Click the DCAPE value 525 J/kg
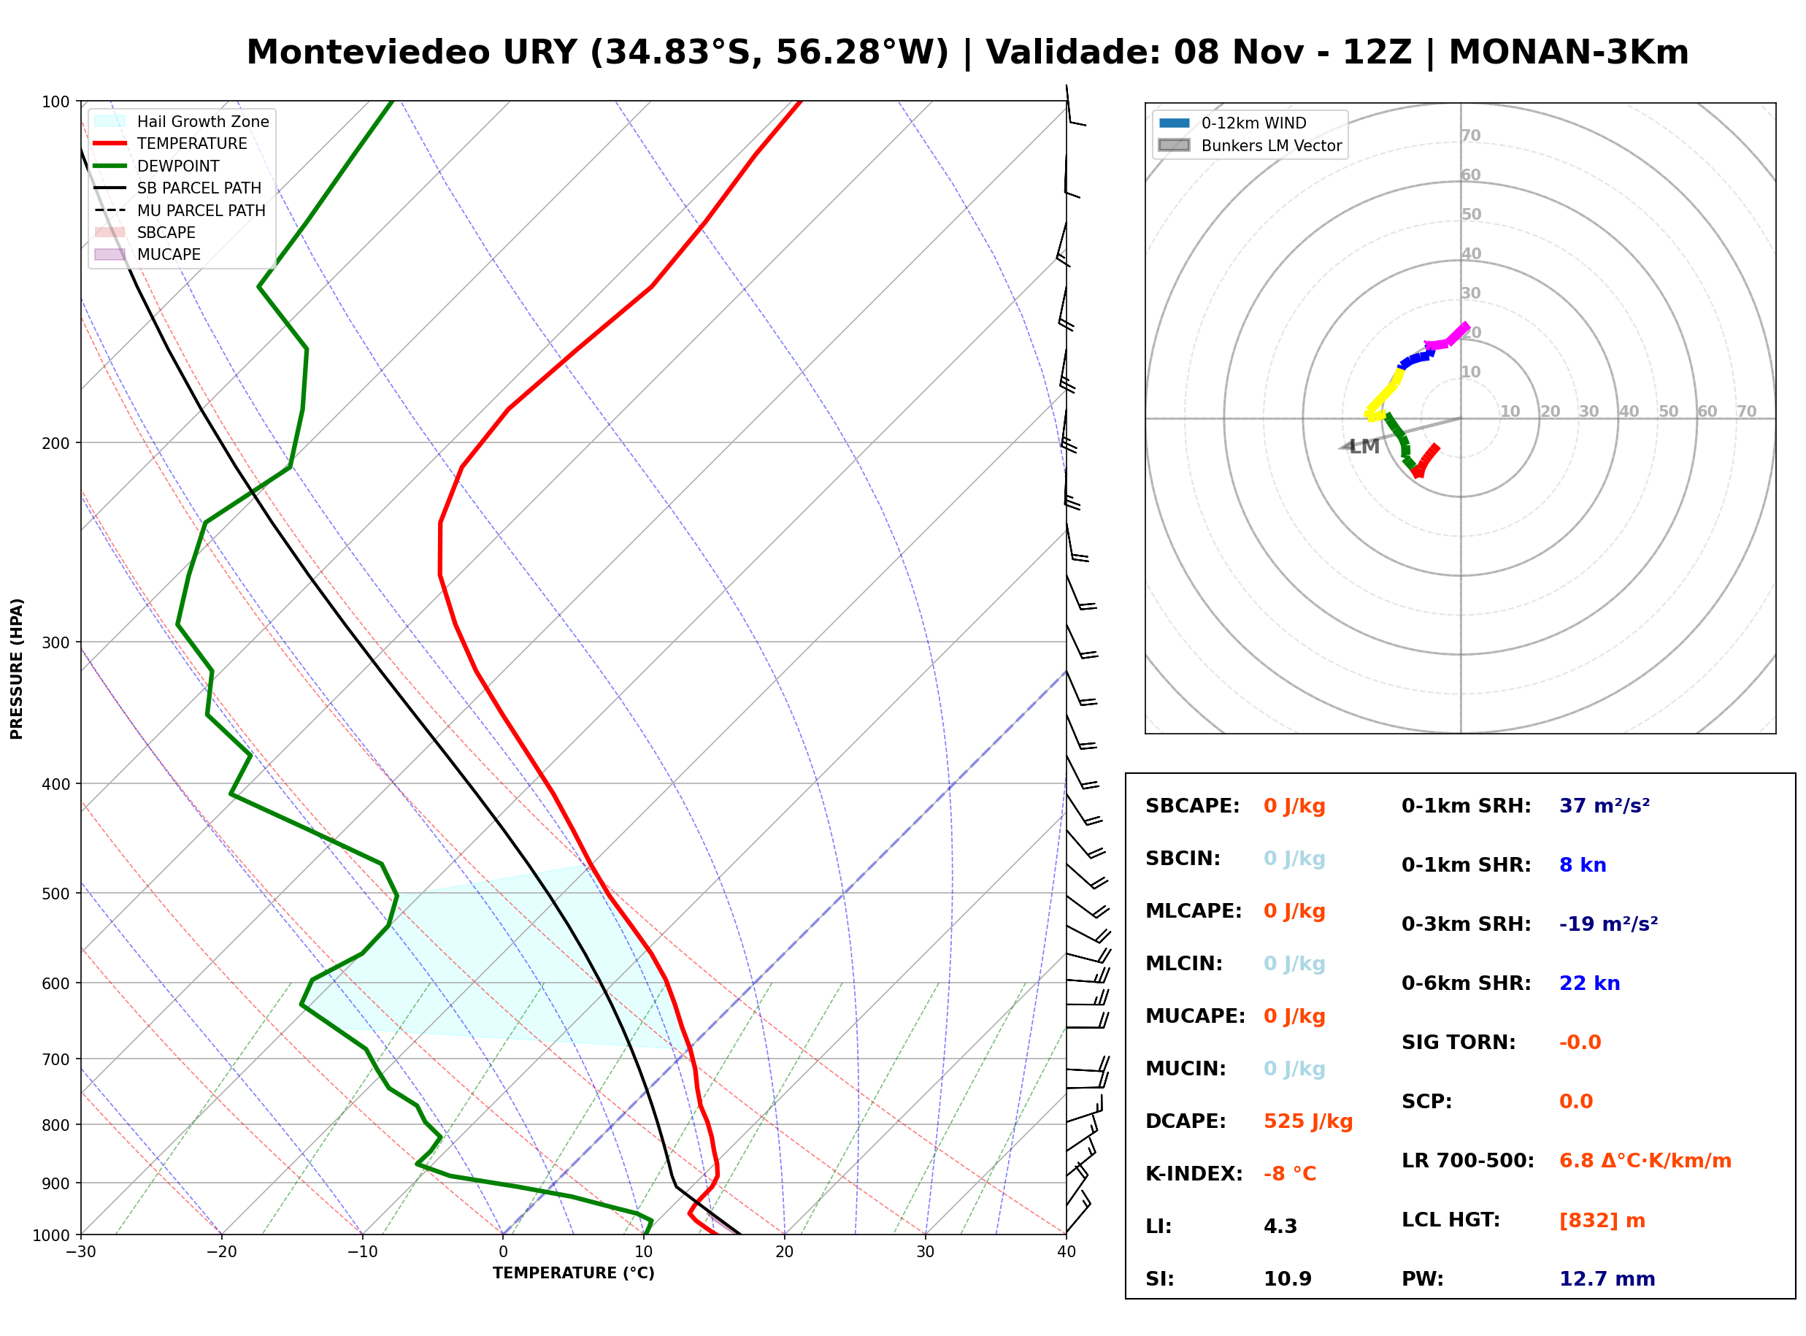[1307, 1121]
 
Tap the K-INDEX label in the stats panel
[1194, 1174]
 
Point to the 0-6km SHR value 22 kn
[1589, 983]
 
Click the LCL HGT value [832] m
[1602, 1221]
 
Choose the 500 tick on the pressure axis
[55, 894]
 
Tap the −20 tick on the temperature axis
[220, 1252]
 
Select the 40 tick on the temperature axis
[1066, 1252]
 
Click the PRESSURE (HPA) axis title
[17, 669]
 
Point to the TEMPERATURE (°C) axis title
[573, 1273]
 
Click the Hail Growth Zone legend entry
[182, 121]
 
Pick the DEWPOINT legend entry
[157, 166]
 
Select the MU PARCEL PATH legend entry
[180, 210]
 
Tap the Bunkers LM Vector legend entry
[1250, 145]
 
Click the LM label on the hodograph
[1364, 446]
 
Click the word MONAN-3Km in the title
[1568, 53]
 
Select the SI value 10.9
[1288, 1279]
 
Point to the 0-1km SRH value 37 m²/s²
[1604, 806]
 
